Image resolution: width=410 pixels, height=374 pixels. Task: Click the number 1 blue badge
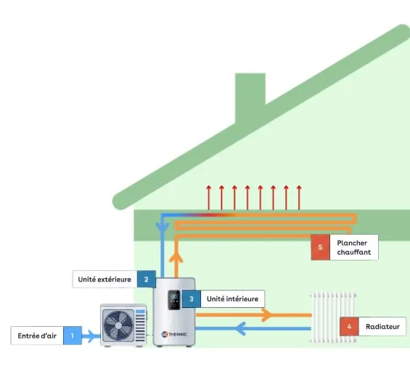73,336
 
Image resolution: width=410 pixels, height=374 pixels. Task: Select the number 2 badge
146,279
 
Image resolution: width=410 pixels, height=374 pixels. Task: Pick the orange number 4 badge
349,327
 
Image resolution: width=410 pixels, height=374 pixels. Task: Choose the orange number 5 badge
320,248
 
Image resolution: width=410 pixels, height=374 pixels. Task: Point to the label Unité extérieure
104,279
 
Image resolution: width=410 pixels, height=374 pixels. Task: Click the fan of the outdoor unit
117,325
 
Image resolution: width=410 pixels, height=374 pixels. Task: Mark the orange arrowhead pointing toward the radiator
266,315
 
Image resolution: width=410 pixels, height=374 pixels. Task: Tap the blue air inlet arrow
91,336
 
